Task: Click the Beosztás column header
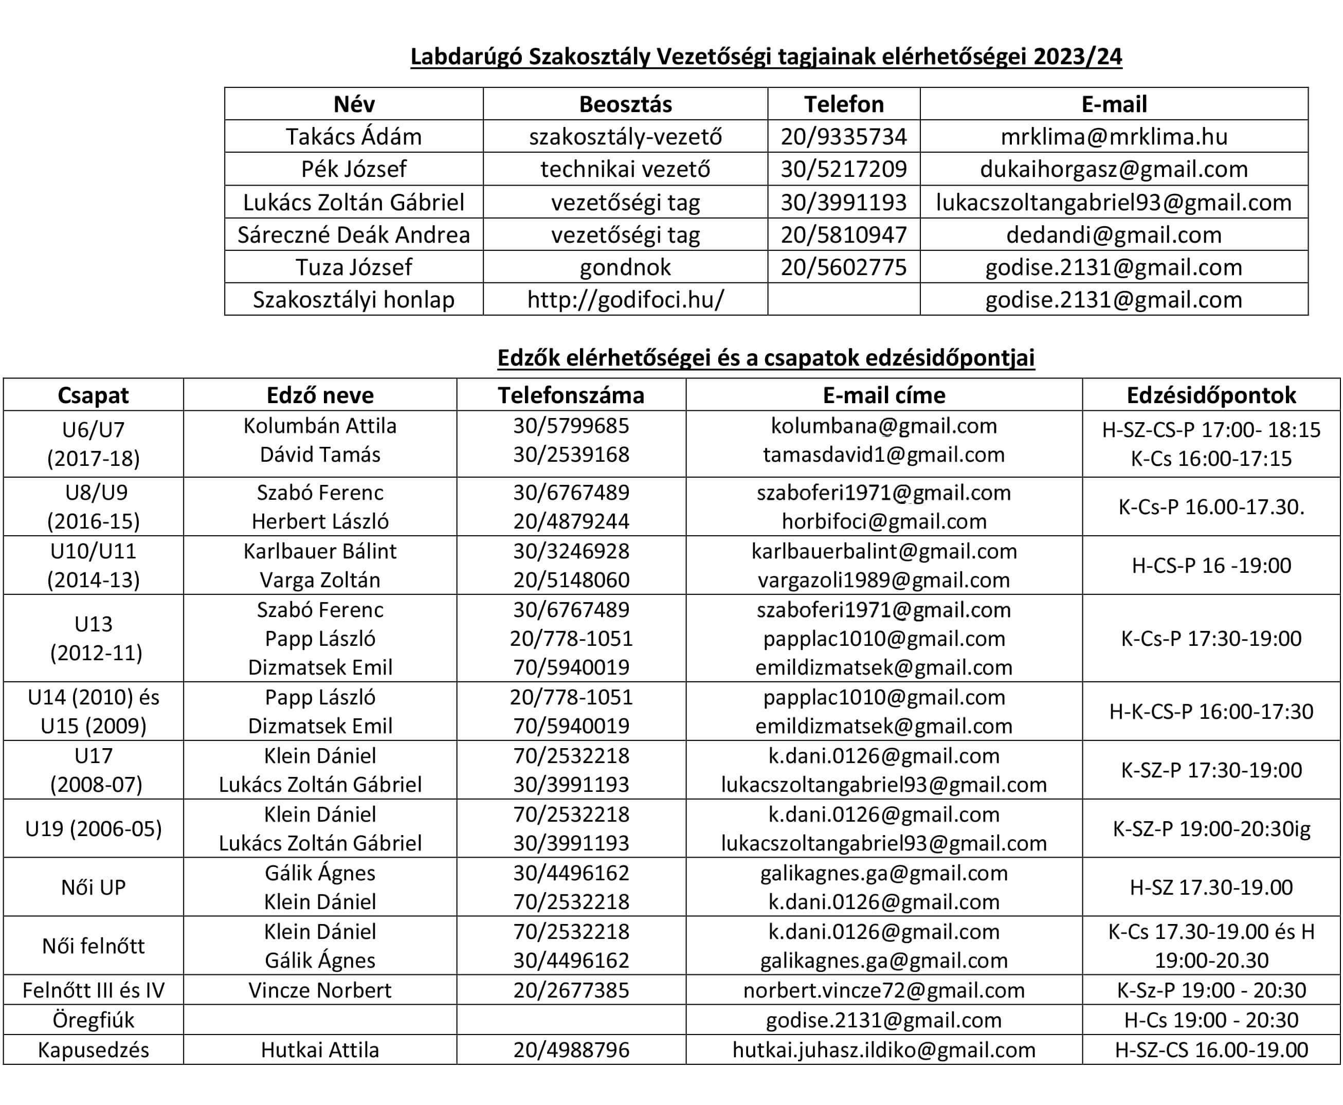pos(625,104)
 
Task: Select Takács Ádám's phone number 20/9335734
pos(843,137)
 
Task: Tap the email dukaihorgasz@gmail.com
pos(1114,169)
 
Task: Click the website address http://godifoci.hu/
pos(625,300)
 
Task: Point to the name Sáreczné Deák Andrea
pos(354,235)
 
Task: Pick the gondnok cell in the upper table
pos(625,267)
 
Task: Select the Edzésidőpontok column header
pos(1211,395)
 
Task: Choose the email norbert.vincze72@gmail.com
pos(883,990)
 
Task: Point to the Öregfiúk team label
pos(94,1020)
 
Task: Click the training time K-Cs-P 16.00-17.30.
pos(1211,508)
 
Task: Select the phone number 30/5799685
pos(571,426)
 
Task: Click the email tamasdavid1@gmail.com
pos(883,455)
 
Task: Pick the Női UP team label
pos(94,887)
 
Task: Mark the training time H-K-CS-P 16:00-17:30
pos(1211,712)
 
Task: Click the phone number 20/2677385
pos(571,990)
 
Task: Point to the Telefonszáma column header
pos(571,395)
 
